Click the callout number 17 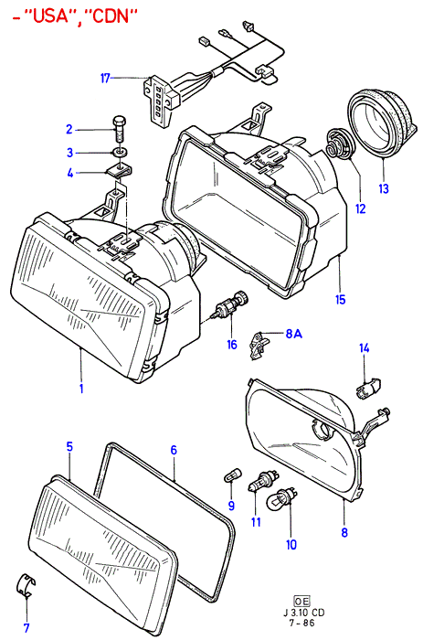coord(105,78)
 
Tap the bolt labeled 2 coord(119,129)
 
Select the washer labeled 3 coord(121,153)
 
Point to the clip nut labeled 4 coord(121,171)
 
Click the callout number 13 coord(384,188)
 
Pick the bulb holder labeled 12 coord(340,144)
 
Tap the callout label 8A coord(293,334)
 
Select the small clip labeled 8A coord(259,346)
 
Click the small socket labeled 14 coord(369,389)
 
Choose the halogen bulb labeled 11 coord(263,481)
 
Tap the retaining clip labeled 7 coord(26,587)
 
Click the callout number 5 coord(69,446)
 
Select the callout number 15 coord(340,299)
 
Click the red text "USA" coord(48,16)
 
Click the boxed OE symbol coord(301,601)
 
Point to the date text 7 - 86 coord(301,623)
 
